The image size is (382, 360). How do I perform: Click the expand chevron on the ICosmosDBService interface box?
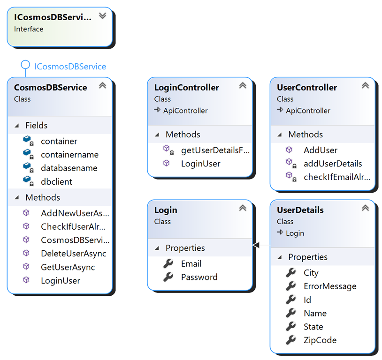click(x=102, y=16)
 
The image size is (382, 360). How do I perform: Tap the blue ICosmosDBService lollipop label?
click(x=70, y=67)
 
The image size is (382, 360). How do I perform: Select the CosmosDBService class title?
click(x=50, y=88)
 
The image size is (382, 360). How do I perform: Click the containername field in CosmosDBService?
click(x=69, y=155)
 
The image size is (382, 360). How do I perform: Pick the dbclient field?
click(x=56, y=181)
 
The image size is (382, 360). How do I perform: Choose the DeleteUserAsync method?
click(x=73, y=254)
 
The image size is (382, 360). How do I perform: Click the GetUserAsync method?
click(x=68, y=267)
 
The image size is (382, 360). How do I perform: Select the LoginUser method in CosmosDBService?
click(x=61, y=281)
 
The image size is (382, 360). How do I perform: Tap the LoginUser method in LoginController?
click(x=200, y=164)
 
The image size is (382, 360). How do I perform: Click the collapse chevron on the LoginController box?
click(x=243, y=85)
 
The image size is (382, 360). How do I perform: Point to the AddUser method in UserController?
click(x=321, y=150)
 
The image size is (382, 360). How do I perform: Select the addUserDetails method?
click(x=333, y=164)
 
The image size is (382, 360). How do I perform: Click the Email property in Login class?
click(x=191, y=264)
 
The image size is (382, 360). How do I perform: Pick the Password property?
click(x=199, y=277)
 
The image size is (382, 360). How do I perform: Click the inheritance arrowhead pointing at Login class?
click(x=256, y=245)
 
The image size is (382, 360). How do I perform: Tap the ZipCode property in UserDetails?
click(x=320, y=340)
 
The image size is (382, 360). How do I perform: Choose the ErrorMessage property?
click(x=330, y=286)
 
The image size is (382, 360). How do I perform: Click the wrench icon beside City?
click(x=290, y=272)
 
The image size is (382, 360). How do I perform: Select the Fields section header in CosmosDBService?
click(x=36, y=126)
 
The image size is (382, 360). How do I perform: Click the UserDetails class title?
click(x=300, y=210)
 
